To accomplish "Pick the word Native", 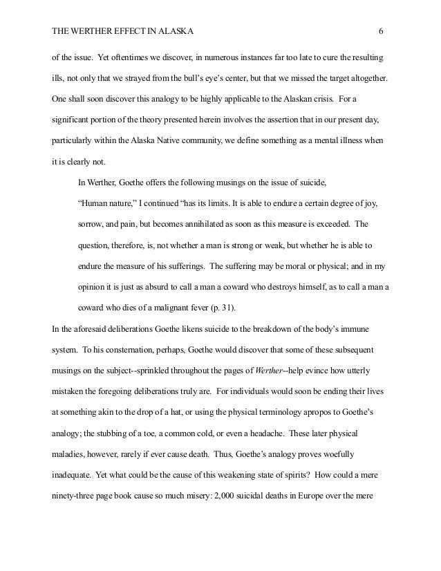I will pos(171,140).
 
